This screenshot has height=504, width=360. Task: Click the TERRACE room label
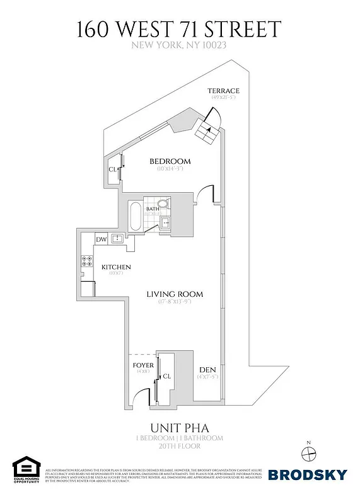point(224,91)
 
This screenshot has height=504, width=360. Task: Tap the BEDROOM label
point(170,161)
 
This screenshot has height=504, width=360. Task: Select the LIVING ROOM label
point(175,294)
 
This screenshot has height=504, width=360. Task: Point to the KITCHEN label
point(115,267)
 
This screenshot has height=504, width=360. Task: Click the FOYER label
point(142,365)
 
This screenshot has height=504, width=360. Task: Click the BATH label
point(153,209)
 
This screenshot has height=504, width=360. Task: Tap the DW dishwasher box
point(101,239)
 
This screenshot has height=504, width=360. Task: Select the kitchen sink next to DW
point(117,239)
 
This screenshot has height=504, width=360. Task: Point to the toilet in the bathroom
point(163,204)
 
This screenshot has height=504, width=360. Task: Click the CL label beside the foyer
point(167,376)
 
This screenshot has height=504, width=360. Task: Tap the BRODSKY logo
point(308,474)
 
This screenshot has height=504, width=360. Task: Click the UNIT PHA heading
point(180,428)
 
